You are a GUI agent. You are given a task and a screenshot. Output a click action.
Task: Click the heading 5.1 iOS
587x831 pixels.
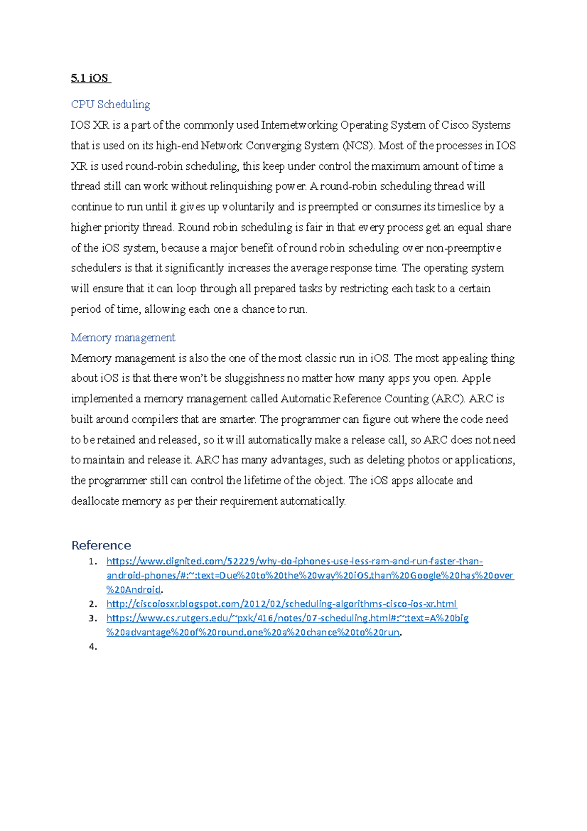[x=90, y=78]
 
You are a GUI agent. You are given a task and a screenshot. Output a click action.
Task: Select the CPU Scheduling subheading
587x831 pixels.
[x=111, y=104]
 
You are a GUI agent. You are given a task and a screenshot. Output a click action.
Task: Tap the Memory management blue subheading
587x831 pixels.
[x=123, y=338]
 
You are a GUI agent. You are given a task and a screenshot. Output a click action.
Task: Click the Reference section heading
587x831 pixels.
[x=101, y=545]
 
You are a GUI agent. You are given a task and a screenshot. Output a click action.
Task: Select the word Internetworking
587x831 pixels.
[x=299, y=125]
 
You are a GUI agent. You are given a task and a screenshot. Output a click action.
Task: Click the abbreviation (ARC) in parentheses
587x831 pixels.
[x=448, y=399]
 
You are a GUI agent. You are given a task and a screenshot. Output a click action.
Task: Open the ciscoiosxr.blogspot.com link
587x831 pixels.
[x=281, y=604]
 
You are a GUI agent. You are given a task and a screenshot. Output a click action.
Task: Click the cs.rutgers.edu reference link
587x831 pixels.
[x=287, y=618]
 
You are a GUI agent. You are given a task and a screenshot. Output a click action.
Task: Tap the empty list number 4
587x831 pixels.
[x=93, y=647]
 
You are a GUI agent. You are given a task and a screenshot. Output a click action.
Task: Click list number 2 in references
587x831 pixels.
[x=93, y=604]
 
